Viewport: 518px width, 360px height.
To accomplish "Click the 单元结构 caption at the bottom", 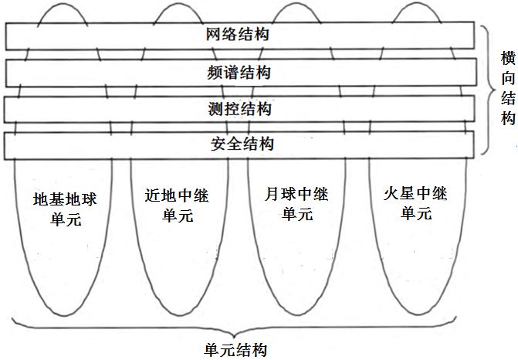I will [239, 349].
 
